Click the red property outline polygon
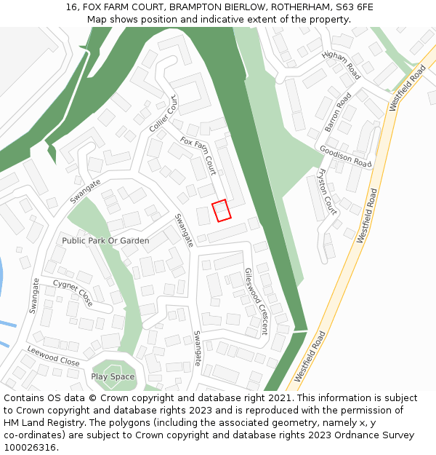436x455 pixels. coord(222,210)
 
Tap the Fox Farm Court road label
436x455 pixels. coord(198,155)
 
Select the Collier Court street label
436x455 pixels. coord(163,114)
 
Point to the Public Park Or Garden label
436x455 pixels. coord(105,240)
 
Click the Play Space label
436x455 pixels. coord(113,376)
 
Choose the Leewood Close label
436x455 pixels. coord(53,356)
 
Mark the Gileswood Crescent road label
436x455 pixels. coord(256,301)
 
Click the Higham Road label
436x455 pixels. coord(341,66)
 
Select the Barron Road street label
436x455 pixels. coord(338,112)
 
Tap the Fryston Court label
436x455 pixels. coord(328,191)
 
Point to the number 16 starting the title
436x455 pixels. coord(71,7)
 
